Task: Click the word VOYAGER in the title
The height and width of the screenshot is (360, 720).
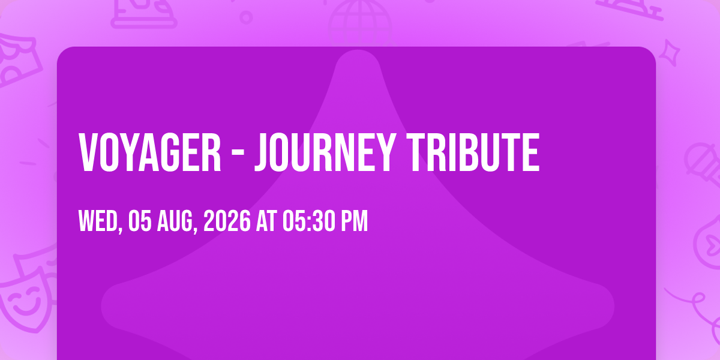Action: click(150, 152)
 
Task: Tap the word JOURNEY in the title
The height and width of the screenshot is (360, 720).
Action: click(325, 152)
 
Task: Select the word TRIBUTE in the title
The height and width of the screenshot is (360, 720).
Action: click(473, 152)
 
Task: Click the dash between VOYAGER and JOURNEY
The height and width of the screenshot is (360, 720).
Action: click(238, 155)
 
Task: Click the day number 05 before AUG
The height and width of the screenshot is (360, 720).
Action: click(140, 221)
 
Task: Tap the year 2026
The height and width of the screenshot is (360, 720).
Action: click(227, 221)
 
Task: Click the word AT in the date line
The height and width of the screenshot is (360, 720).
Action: click(266, 221)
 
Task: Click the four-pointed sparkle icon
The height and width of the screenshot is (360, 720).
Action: click(670, 53)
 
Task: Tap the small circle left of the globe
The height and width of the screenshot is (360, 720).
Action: click(246, 17)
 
